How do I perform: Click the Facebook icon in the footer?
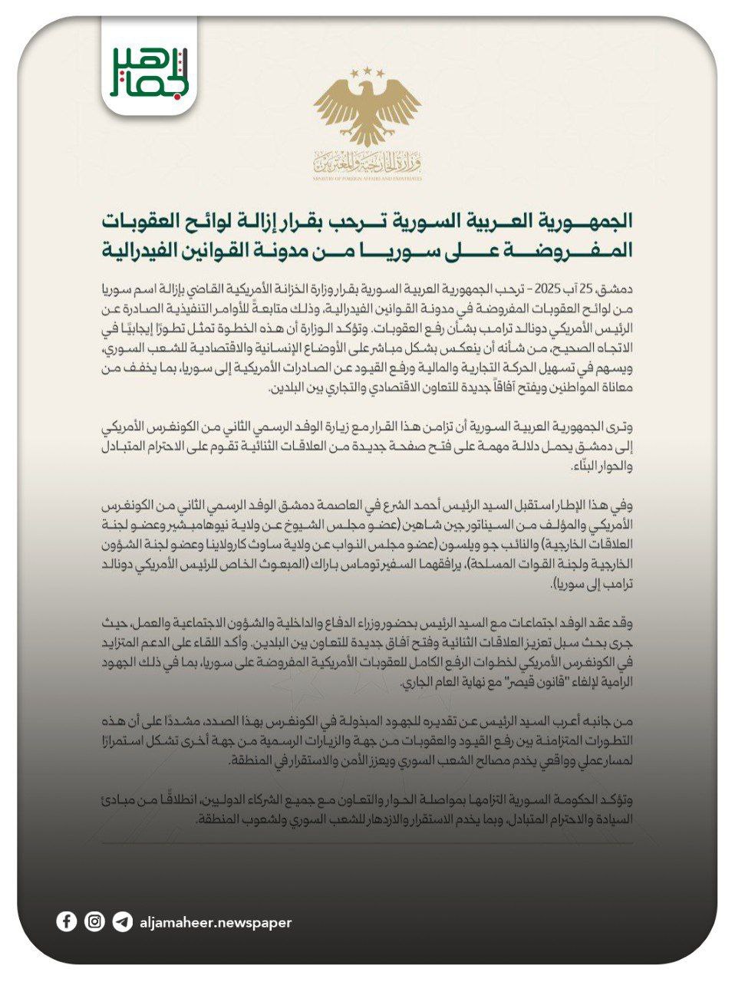67,921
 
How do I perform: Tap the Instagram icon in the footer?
94,921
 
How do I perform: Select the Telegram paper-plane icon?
122,921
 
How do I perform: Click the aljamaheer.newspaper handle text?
216,922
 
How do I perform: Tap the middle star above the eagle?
367,71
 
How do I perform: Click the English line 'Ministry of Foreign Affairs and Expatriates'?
367,177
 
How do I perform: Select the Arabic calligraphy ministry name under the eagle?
367,161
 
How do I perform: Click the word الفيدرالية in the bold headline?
137,250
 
